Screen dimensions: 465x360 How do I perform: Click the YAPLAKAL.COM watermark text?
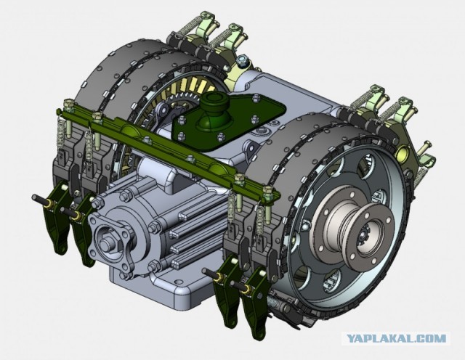coord(396,338)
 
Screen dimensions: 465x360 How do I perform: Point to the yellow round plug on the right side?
coord(402,152)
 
